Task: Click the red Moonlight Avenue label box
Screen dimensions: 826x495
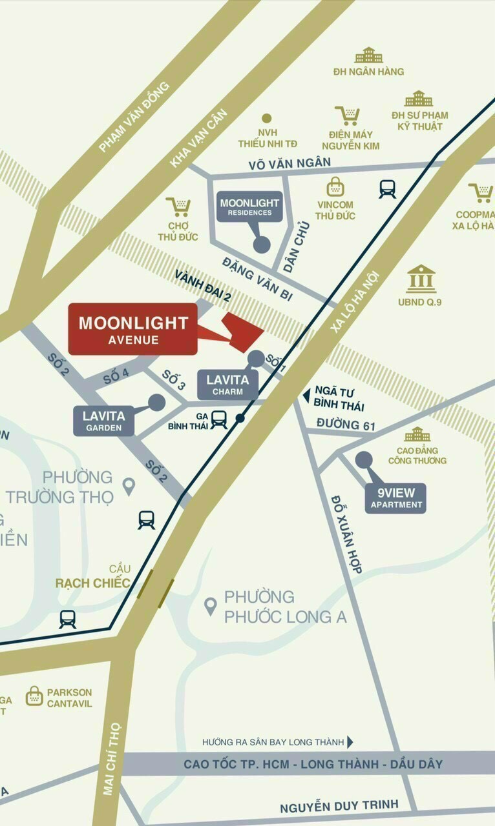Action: click(x=132, y=328)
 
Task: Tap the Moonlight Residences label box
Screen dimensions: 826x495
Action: click(x=249, y=207)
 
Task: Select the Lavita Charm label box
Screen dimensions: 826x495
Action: click(x=228, y=385)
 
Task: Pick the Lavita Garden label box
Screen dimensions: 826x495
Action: click(x=103, y=421)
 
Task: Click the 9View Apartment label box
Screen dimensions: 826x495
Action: click(x=395, y=498)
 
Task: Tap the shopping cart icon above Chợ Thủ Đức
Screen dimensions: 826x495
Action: click(x=178, y=207)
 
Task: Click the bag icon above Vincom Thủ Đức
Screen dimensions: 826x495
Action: click(x=335, y=186)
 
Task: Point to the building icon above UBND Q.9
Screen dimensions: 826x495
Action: click(x=421, y=278)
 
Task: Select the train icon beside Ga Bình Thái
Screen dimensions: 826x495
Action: click(x=218, y=419)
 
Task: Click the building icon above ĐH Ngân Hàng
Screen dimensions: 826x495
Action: click(x=368, y=55)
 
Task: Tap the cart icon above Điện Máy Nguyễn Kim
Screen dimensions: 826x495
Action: click(x=348, y=116)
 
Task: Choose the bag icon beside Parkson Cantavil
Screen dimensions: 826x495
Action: click(x=34, y=696)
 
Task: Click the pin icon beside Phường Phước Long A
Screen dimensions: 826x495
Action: click(x=210, y=607)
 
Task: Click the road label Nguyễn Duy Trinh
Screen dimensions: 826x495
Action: click(x=339, y=807)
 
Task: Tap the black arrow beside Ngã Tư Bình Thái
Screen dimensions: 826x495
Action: click(x=306, y=396)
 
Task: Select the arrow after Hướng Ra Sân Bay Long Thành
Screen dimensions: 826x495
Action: click(x=350, y=742)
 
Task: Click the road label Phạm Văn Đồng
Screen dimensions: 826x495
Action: click(x=134, y=117)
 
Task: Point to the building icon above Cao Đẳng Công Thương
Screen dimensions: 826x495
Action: click(x=417, y=434)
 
